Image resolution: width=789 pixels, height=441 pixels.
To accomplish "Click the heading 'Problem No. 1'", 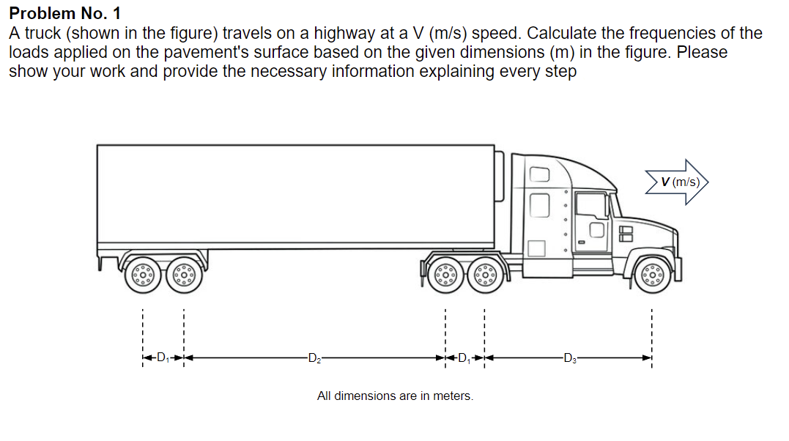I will (x=65, y=13).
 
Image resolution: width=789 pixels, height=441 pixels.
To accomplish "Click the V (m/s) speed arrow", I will (x=678, y=182).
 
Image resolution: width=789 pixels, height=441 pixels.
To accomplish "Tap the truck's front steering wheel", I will (x=651, y=275).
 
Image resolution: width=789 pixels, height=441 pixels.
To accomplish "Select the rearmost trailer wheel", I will (x=143, y=275).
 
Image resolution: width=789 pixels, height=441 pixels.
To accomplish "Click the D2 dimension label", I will (x=314, y=358).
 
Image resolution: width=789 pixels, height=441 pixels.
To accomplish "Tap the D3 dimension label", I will (x=569, y=358).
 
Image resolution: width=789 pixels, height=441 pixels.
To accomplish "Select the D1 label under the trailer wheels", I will (x=163, y=358).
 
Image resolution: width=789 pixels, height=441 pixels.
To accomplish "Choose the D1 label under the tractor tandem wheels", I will (x=464, y=358).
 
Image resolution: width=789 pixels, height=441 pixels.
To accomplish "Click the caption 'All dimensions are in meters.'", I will (x=395, y=396).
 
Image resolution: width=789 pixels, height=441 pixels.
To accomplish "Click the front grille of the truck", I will (x=626, y=234).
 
